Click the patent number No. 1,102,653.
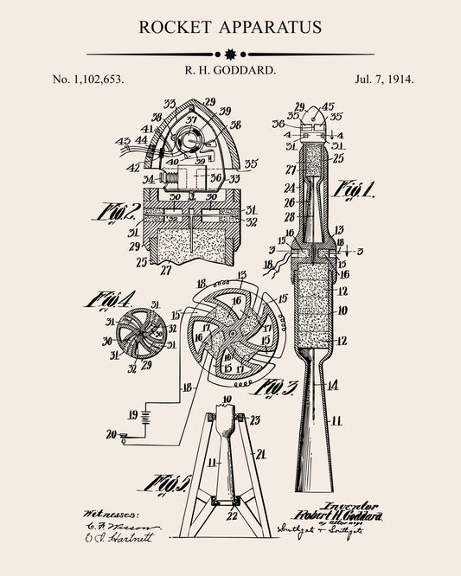pyautogui.click(x=88, y=79)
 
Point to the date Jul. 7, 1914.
pyautogui.click(x=384, y=79)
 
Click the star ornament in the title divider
pyautogui.click(x=230, y=54)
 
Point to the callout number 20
pyautogui.click(x=110, y=434)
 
